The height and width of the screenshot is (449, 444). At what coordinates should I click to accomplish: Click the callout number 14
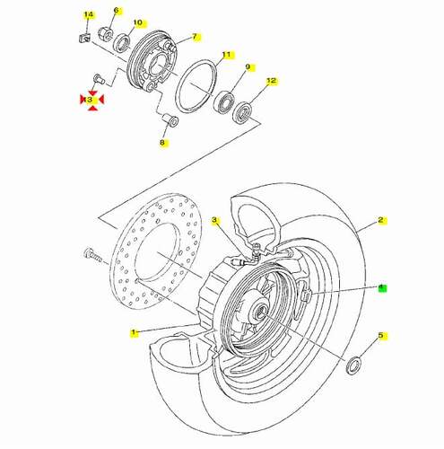[x=89, y=14]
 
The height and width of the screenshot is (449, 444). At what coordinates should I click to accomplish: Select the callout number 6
[x=116, y=10]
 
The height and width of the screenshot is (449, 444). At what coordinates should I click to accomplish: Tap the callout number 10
[x=137, y=22]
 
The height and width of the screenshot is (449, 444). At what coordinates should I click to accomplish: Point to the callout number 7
[x=195, y=37]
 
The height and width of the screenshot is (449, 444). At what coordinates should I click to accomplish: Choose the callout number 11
[x=227, y=55]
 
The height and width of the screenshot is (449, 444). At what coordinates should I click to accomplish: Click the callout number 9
[x=248, y=66]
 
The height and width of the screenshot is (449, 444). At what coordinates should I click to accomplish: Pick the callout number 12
[x=272, y=81]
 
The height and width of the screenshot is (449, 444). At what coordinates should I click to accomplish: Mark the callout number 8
[x=162, y=143]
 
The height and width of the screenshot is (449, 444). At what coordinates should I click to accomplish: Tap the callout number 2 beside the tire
[x=380, y=220]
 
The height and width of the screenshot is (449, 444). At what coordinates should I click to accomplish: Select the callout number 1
[x=134, y=332]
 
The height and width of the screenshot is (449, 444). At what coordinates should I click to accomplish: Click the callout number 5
[x=380, y=336]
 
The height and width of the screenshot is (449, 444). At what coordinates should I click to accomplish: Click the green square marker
[x=382, y=288]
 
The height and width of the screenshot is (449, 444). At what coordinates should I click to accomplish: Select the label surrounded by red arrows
[x=90, y=100]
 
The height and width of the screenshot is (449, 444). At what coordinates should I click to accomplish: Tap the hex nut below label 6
[x=105, y=33]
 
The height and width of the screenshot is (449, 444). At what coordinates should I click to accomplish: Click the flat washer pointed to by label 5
[x=353, y=365]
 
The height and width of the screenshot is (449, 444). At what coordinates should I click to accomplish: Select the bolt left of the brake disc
[x=92, y=255]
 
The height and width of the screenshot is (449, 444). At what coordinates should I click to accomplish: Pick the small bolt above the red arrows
[x=99, y=79]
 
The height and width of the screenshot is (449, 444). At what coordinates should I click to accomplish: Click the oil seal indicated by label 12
[x=242, y=113]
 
